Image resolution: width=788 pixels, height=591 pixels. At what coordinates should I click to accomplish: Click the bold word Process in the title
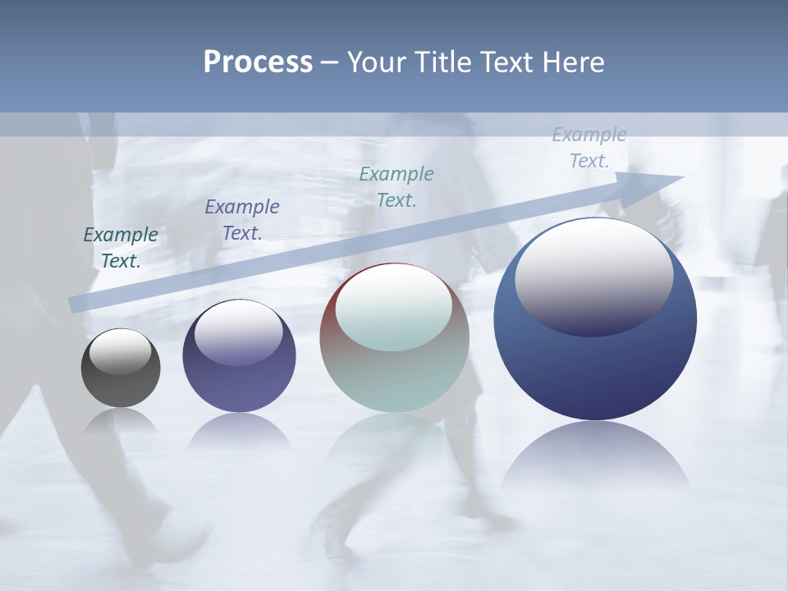tap(258, 62)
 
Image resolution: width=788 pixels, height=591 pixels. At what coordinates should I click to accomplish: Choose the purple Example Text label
tap(242, 220)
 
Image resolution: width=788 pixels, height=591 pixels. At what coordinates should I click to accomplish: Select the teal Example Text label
tap(396, 186)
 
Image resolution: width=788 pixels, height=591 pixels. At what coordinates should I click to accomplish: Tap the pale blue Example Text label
tap(589, 148)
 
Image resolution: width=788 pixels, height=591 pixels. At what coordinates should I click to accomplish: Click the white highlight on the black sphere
tap(120, 352)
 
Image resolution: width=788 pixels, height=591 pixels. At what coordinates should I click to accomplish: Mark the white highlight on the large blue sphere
tap(593, 277)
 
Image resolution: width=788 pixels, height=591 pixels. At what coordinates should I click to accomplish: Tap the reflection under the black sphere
tap(121, 420)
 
